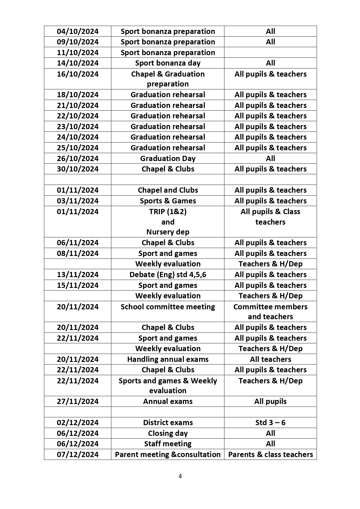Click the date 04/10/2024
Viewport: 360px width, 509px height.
78,31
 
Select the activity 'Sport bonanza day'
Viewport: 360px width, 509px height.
168,63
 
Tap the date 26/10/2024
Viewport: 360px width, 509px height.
78,158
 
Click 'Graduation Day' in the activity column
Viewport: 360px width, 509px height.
168,158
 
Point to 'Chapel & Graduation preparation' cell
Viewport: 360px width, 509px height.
168,79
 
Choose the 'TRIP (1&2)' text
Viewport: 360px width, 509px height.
168,212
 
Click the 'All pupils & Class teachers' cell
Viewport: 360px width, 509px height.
270,217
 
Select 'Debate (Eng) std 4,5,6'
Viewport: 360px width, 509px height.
168,275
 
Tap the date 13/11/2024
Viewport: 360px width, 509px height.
78,275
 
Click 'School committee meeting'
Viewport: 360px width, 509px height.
168,307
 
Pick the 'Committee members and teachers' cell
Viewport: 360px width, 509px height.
270,312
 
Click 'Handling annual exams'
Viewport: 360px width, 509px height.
168,359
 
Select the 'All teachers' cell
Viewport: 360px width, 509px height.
270,359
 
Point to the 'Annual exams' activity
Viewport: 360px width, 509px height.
168,401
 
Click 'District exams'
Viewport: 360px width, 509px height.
168,423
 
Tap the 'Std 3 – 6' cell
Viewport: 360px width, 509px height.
270,423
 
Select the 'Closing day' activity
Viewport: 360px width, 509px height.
168,433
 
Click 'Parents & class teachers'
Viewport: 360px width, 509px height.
270,454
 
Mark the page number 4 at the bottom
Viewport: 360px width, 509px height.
180,476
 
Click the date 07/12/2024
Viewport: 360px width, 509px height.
78,454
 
